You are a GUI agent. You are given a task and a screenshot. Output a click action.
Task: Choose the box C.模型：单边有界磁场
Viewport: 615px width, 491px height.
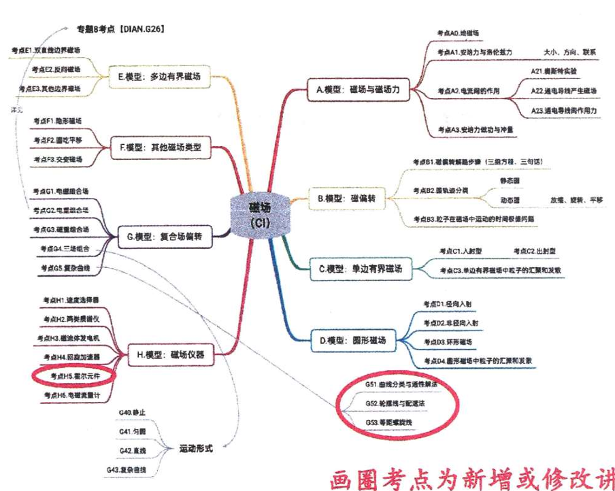[360, 269]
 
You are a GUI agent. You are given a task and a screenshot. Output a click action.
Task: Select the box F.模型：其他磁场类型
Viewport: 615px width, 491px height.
[161, 146]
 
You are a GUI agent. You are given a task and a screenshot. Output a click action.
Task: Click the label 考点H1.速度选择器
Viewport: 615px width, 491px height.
[71, 300]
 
